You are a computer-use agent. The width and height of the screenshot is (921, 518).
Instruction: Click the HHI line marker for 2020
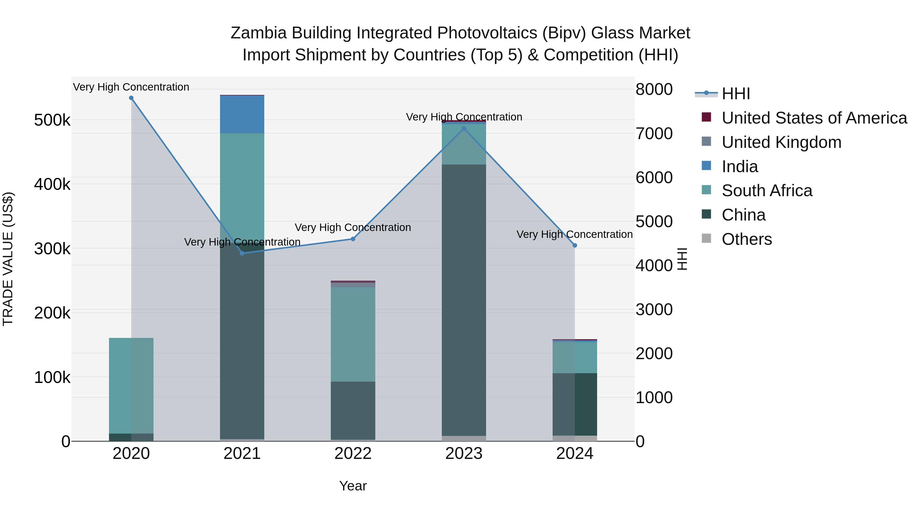pyautogui.click(x=131, y=98)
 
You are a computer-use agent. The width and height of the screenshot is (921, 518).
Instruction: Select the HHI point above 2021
pyautogui.click(x=242, y=253)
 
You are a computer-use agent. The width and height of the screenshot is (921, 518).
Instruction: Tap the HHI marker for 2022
pyautogui.click(x=353, y=239)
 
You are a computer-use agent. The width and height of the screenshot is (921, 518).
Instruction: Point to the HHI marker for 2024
pyautogui.click(x=575, y=246)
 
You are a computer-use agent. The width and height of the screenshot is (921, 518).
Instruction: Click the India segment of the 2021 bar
pyautogui.click(x=242, y=114)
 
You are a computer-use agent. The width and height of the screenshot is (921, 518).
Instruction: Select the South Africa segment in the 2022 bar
pyautogui.click(x=353, y=334)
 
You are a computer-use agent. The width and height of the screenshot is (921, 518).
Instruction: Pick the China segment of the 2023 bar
pyautogui.click(x=464, y=300)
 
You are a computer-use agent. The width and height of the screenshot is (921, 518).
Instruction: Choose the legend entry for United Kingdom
pyautogui.click(x=781, y=142)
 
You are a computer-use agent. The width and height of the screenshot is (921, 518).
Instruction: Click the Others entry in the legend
pyautogui.click(x=747, y=239)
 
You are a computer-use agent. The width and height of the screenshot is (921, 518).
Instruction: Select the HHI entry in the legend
pyautogui.click(x=736, y=94)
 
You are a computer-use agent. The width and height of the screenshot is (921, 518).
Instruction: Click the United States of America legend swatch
pyautogui.click(x=706, y=117)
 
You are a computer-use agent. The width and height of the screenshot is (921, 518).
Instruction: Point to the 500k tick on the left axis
pyautogui.click(x=52, y=120)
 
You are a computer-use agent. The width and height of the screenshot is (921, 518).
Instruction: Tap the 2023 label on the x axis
pyautogui.click(x=464, y=454)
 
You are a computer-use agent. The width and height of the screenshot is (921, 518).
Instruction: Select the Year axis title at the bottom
pyautogui.click(x=353, y=486)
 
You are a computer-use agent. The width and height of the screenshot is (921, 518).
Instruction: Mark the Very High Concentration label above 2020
pyautogui.click(x=131, y=87)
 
